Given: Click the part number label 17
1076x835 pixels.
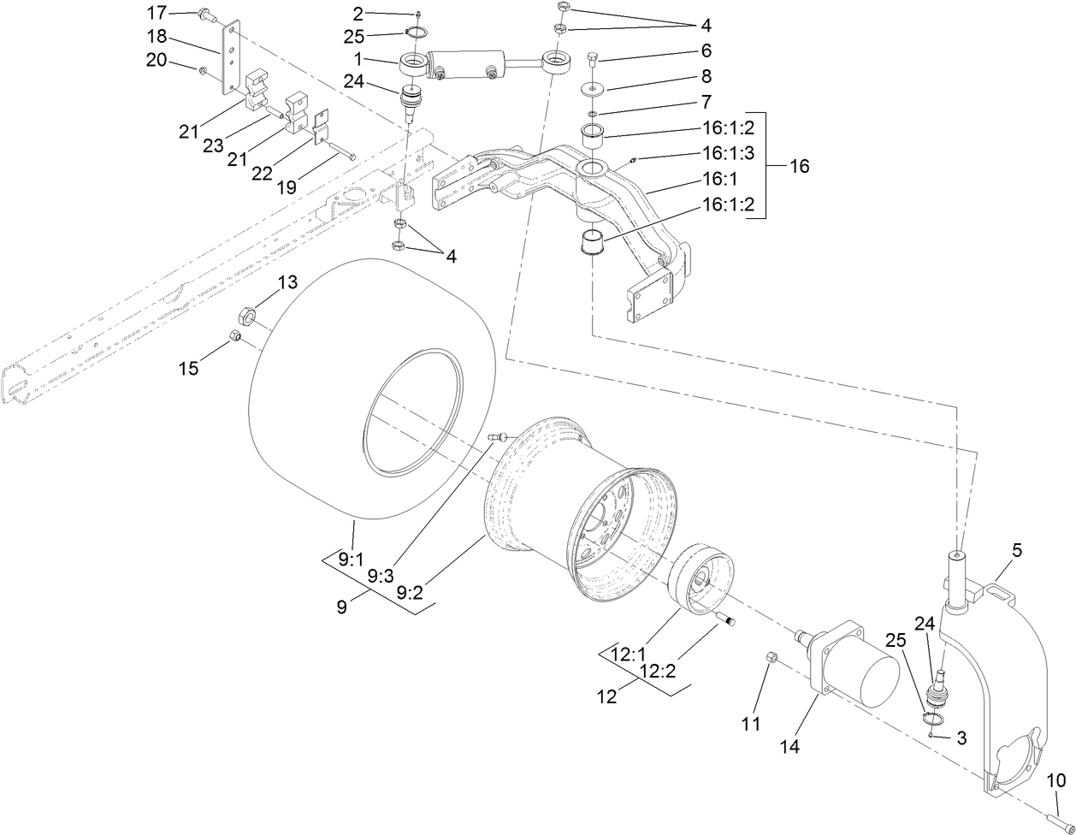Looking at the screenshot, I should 157,13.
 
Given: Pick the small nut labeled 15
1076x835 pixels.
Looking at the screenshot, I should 236,336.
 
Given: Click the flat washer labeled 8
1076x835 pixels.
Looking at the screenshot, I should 594,89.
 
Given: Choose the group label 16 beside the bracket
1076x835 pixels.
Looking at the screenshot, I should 799,166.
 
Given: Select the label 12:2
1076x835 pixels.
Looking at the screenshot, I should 658,672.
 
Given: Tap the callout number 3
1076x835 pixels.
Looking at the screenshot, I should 961,737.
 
